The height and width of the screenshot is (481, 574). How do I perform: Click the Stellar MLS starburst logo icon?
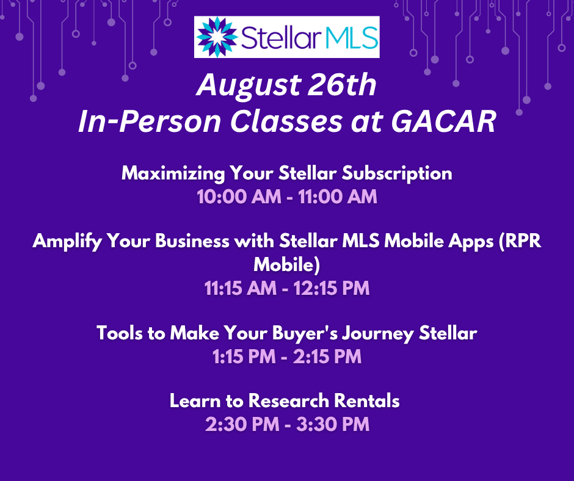[x=217, y=37]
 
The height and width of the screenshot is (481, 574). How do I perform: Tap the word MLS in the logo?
[x=351, y=37]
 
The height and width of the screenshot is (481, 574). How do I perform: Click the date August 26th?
[x=286, y=85]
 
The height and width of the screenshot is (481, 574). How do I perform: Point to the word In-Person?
[x=150, y=121]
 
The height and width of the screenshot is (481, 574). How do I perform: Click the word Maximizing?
[x=173, y=173]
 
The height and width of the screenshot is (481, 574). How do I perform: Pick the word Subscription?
[x=397, y=173]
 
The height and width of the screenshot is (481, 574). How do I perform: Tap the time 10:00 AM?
[x=239, y=197]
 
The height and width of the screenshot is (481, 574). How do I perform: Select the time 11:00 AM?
[x=338, y=197]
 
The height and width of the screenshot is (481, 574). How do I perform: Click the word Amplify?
[x=67, y=242]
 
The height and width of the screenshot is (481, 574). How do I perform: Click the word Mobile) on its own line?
[x=286, y=264]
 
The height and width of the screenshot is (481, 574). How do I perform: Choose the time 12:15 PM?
[x=332, y=288]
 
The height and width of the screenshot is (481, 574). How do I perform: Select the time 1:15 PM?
[x=244, y=356]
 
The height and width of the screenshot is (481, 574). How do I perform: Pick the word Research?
[x=289, y=401]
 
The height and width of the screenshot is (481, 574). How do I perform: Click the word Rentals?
[x=367, y=401]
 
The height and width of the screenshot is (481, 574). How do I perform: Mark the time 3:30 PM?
[x=333, y=425]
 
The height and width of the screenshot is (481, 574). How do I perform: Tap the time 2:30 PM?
[x=242, y=425]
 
